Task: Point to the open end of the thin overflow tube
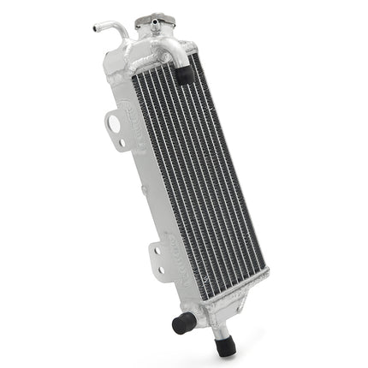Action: (x=95, y=28)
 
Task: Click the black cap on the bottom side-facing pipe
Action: (x=181, y=323)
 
